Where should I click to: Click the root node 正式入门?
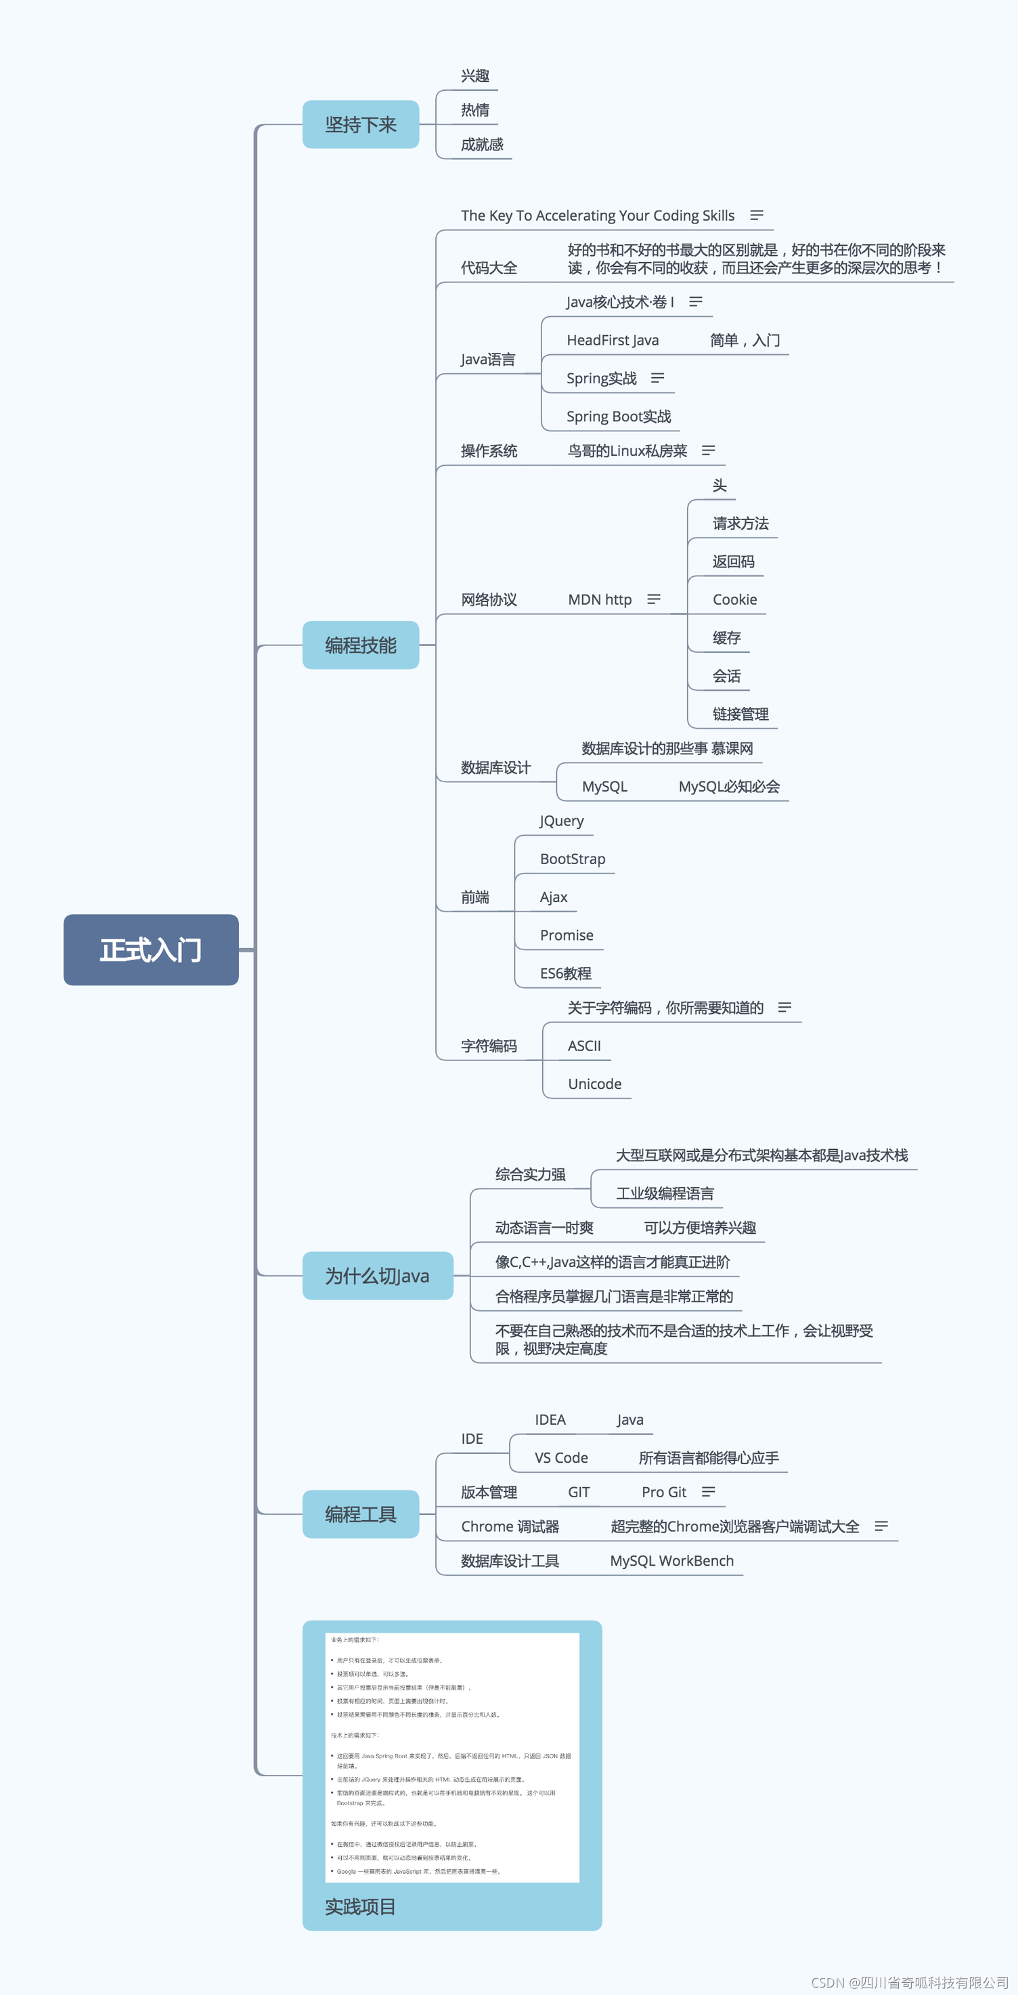(151, 949)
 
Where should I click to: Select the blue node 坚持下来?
(361, 125)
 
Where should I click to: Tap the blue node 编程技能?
(361, 645)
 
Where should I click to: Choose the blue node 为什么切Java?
(377, 1276)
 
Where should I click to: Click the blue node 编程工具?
(361, 1514)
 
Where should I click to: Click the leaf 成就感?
(481, 145)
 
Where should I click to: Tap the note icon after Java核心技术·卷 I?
(696, 301)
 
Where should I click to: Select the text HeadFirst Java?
(613, 340)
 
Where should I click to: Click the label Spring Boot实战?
(619, 416)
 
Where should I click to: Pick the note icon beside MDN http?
(654, 599)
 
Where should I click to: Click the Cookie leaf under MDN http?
(734, 599)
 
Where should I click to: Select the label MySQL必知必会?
(729, 787)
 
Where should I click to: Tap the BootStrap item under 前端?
(573, 859)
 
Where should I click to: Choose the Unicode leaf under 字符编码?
(594, 1084)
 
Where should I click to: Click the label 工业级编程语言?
(665, 1193)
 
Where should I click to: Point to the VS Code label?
(561, 1458)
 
